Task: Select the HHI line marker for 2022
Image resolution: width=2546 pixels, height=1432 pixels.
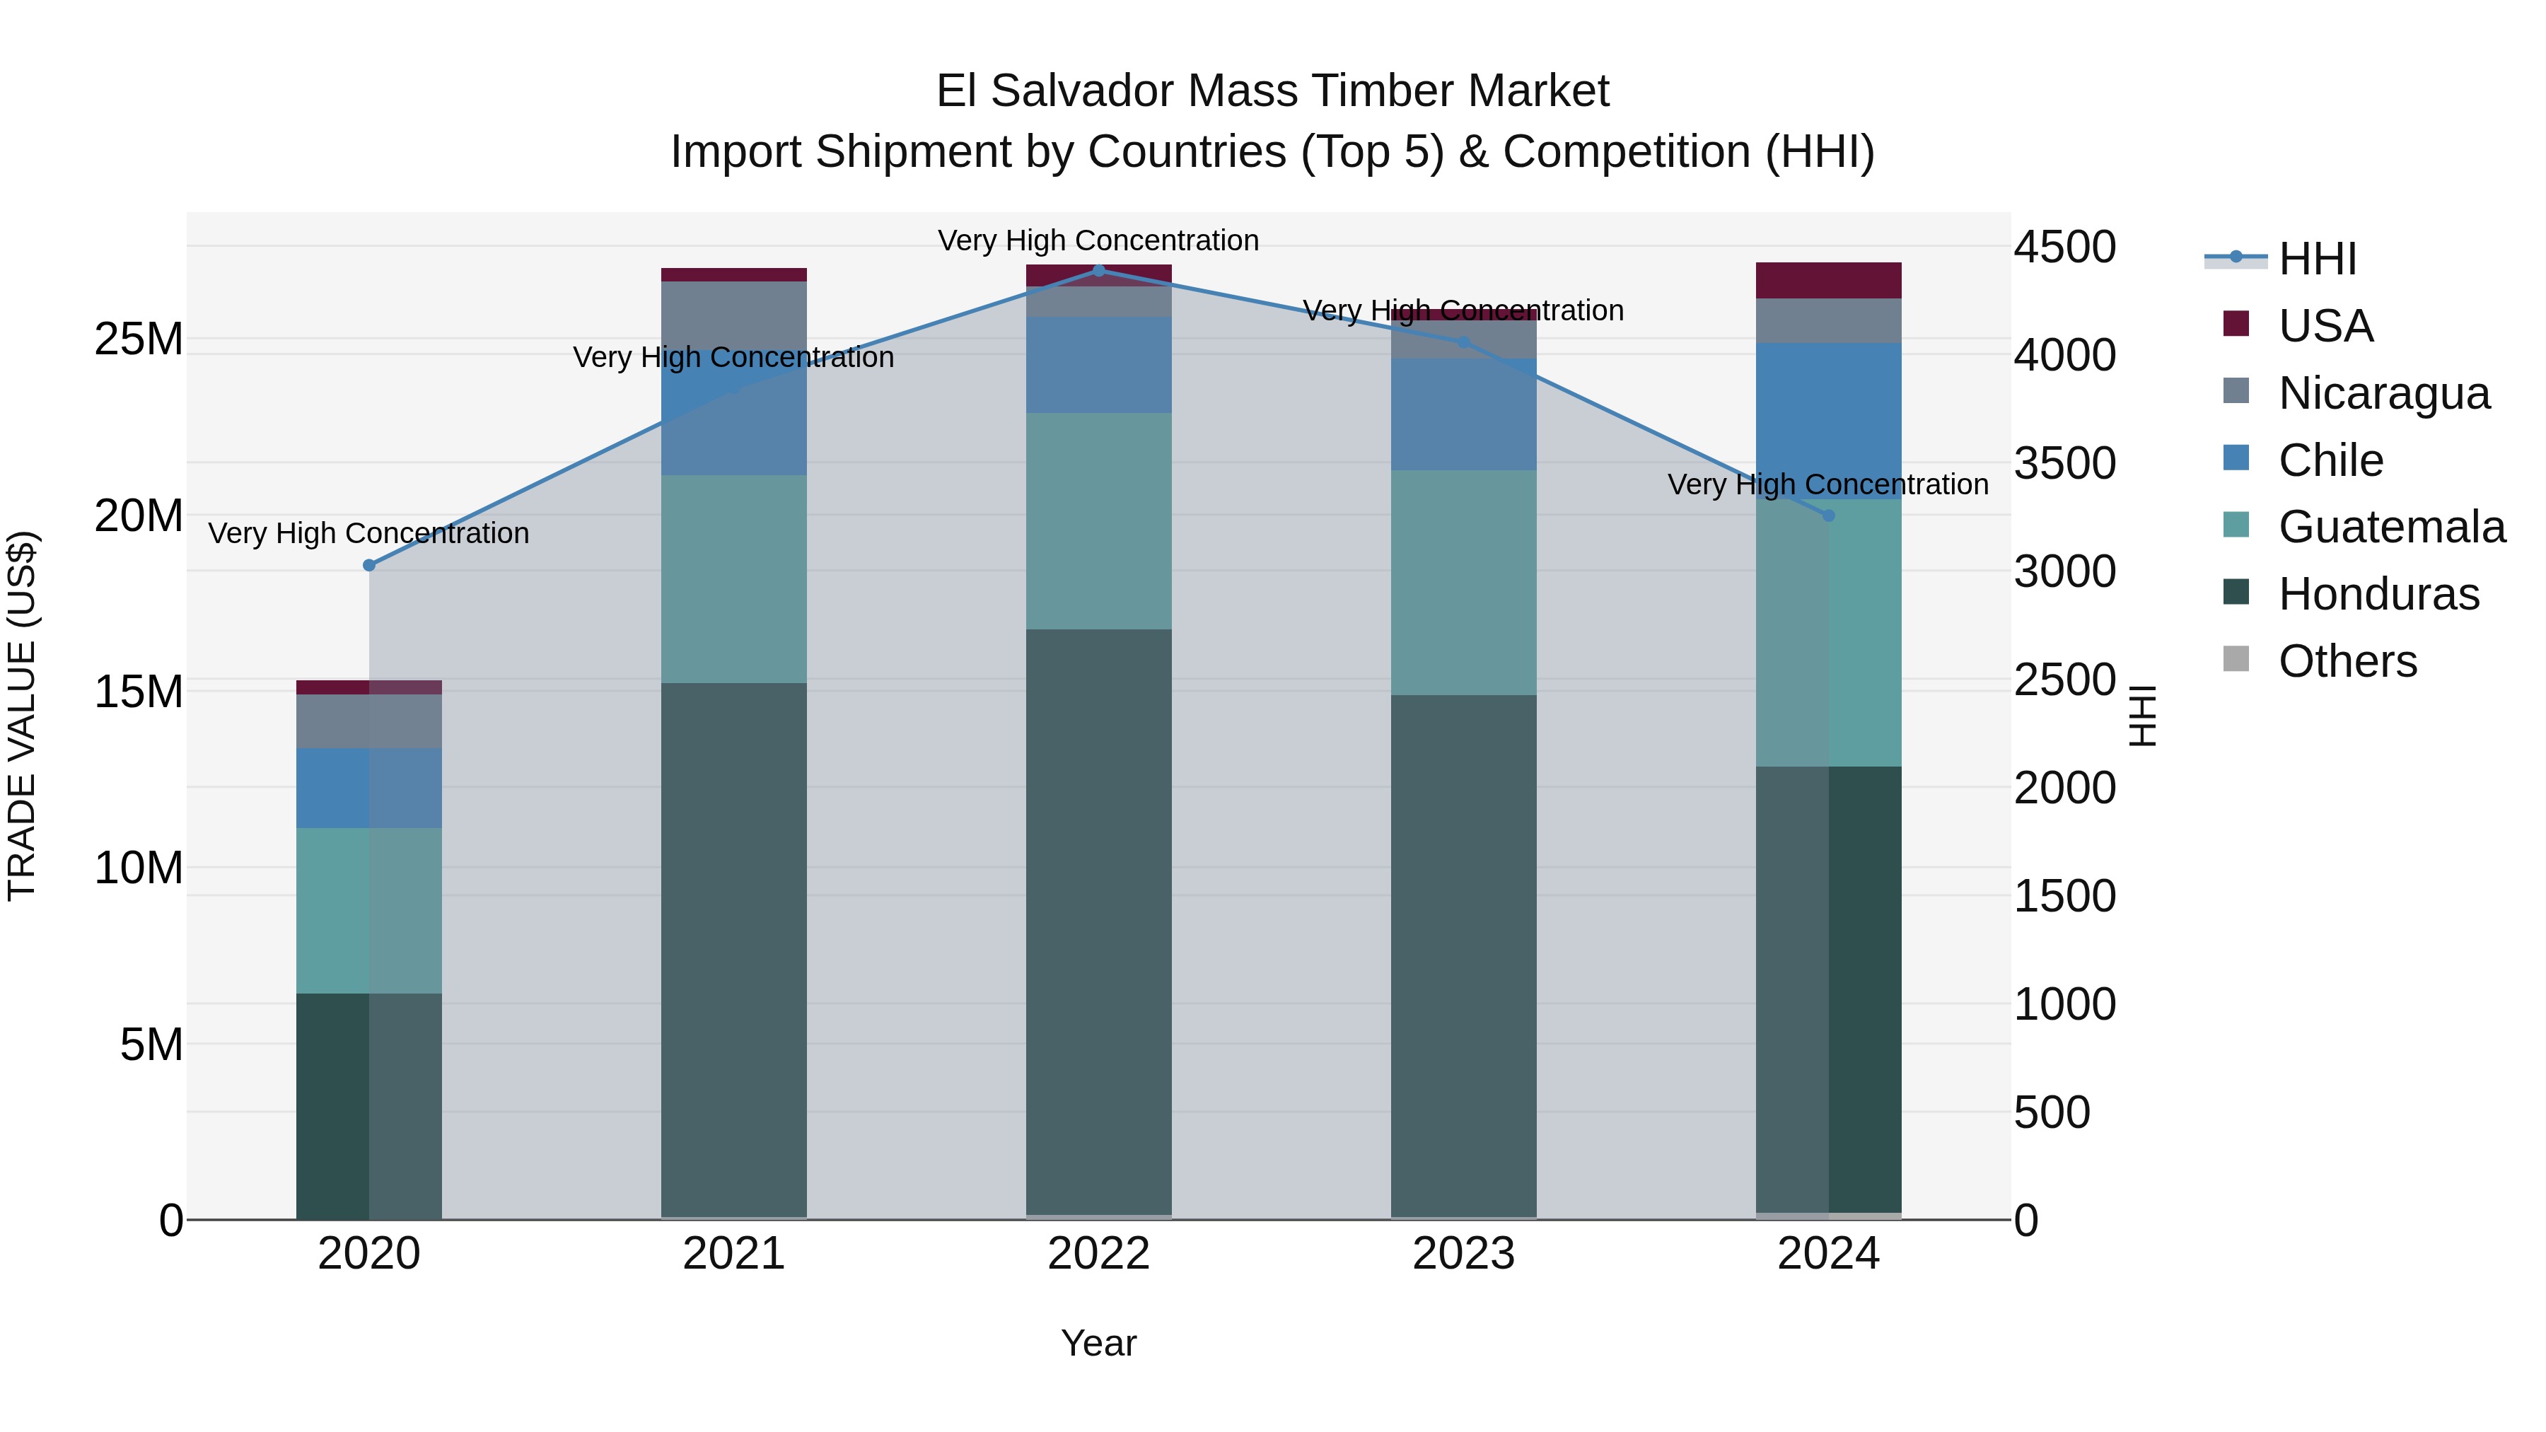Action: click(x=1098, y=271)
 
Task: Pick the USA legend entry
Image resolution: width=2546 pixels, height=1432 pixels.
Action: click(x=2325, y=326)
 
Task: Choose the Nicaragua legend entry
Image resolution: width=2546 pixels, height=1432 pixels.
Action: click(x=2383, y=393)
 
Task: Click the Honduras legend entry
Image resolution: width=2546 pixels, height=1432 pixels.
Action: click(x=2378, y=595)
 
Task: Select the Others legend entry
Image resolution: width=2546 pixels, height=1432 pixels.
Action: click(x=2347, y=661)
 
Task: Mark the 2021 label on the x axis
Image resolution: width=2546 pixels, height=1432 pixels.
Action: click(x=733, y=1254)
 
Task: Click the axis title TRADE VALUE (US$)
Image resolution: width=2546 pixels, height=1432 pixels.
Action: click(x=23, y=716)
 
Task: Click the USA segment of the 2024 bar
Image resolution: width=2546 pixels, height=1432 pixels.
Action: click(x=1827, y=281)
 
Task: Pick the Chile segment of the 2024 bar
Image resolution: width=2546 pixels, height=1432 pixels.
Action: click(x=1827, y=421)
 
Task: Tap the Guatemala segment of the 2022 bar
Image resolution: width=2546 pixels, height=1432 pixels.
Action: click(x=1098, y=520)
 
